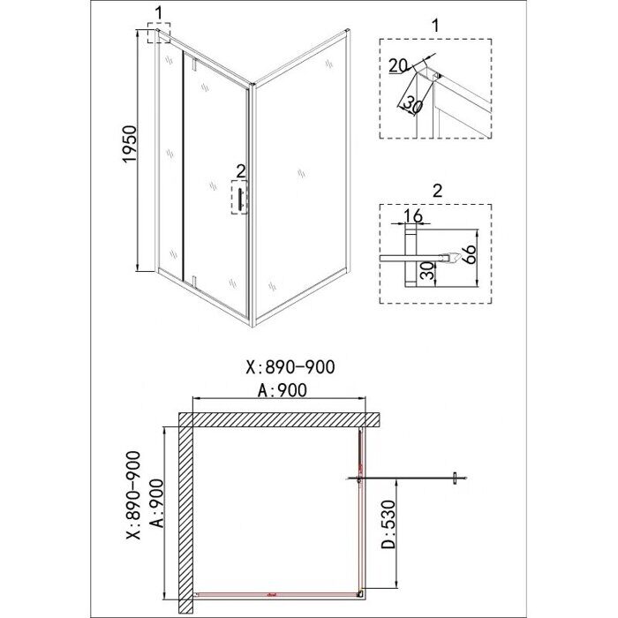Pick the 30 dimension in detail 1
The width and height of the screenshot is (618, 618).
pyautogui.click(x=411, y=102)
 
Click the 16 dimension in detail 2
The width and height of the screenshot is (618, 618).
pyautogui.click(x=411, y=216)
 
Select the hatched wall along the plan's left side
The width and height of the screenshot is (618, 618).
pyautogui.click(x=186, y=512)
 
